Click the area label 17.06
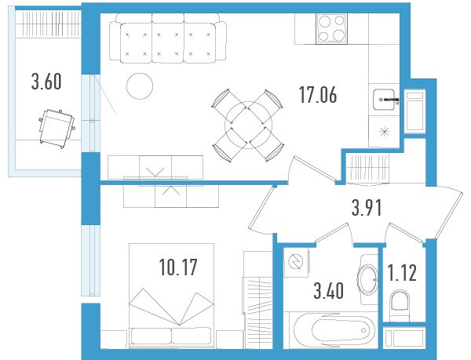(318, 94)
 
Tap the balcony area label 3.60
(46, 82)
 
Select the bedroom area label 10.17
(178, 267)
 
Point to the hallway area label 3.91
(367, 208)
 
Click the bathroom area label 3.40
(329, 291)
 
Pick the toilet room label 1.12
(402, 273)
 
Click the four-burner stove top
(331, 28)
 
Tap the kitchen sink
(384, 100)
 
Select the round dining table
(249, 125)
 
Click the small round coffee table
(140, 86)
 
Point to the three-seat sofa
(168, 38)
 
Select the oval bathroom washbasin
(367, 279)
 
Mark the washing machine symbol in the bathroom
(296, 262)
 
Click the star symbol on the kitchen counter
(384, 132)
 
